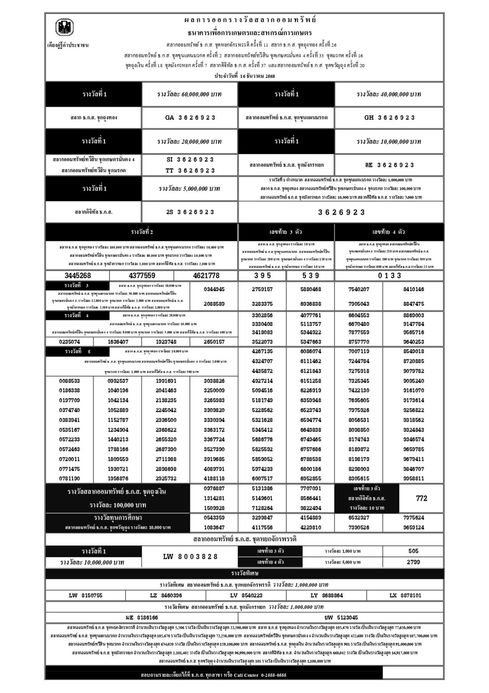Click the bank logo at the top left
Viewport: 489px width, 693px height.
tap(65, 28)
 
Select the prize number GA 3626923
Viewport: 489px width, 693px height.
tap(190, 118)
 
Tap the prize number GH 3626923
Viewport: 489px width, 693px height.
tap(389, 118)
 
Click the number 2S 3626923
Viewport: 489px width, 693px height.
tap(190, 212)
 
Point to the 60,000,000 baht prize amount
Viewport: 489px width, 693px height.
tap(190, 94)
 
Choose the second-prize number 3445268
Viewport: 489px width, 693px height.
tap(78, 276)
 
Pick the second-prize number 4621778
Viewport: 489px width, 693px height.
tap(206, 276)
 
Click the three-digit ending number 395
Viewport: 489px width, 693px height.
tap(262, 276)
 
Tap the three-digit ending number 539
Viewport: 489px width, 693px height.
tap(311, 276)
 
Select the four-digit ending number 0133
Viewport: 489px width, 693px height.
tap(389, 276)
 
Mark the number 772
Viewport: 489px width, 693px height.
tap(421, 498)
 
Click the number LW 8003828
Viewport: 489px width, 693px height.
tap(190, 556)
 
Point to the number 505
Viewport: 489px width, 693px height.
tap(413, 551)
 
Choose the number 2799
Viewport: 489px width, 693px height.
tap(413, 562)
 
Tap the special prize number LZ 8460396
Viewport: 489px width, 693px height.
tap(166, 595)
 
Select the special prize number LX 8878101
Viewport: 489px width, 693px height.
tap(405, 595)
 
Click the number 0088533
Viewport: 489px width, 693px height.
tap(70, 381)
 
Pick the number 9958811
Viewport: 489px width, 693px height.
tap(413, 478)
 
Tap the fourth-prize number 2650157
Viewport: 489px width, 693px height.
tap(214, 342)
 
